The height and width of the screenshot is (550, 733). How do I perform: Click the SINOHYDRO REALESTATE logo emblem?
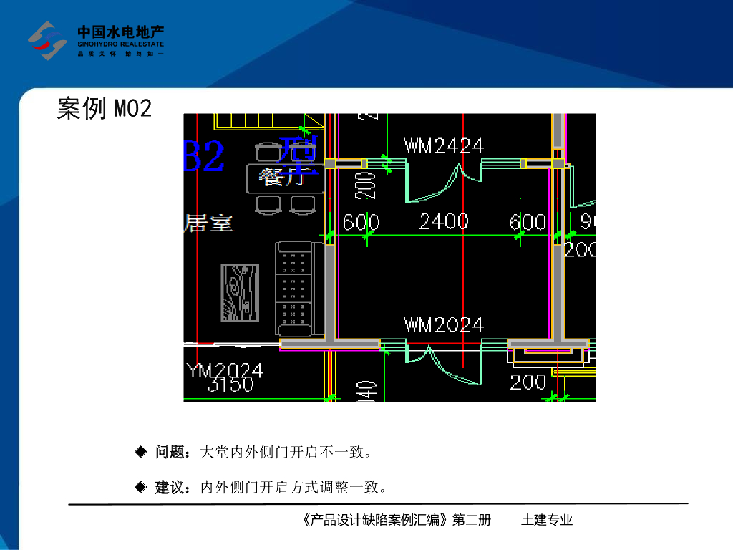point(47,40)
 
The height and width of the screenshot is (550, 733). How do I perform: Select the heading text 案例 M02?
point(105,109)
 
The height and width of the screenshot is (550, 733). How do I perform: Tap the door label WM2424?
point(444,146)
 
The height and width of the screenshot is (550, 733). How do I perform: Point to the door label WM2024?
point(444,324)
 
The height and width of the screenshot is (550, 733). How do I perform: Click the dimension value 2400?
point(444,222)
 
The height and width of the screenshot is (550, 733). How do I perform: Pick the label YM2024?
point(225,371)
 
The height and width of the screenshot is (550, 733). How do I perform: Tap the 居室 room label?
point(209,223)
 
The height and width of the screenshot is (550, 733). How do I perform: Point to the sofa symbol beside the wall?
point(295,289)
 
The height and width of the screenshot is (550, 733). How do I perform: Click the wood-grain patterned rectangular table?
point(239,294)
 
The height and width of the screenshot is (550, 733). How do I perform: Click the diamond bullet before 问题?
point(141,452)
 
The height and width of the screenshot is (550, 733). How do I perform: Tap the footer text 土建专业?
point(547,521)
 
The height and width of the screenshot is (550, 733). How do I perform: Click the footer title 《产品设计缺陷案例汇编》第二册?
point(397,521)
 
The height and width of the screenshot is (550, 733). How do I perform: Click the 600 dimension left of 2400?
point(361,222)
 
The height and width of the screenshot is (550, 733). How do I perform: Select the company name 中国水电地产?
point(121,32)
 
